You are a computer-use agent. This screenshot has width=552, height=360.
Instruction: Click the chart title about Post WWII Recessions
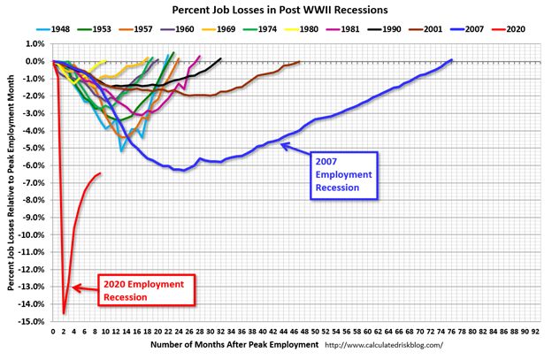[x=275, y=11]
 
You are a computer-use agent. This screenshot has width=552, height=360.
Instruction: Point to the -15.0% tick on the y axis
[x=33, y=322]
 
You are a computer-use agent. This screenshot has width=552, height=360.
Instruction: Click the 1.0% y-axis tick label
[x=34, y=44]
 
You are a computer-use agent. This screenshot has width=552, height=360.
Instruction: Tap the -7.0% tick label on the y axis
[x=34, y=183]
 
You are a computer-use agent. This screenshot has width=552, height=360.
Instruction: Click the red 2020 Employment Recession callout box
[x=147, y=290]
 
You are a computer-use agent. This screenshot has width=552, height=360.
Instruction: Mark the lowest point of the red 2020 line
[x=64, y=313]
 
